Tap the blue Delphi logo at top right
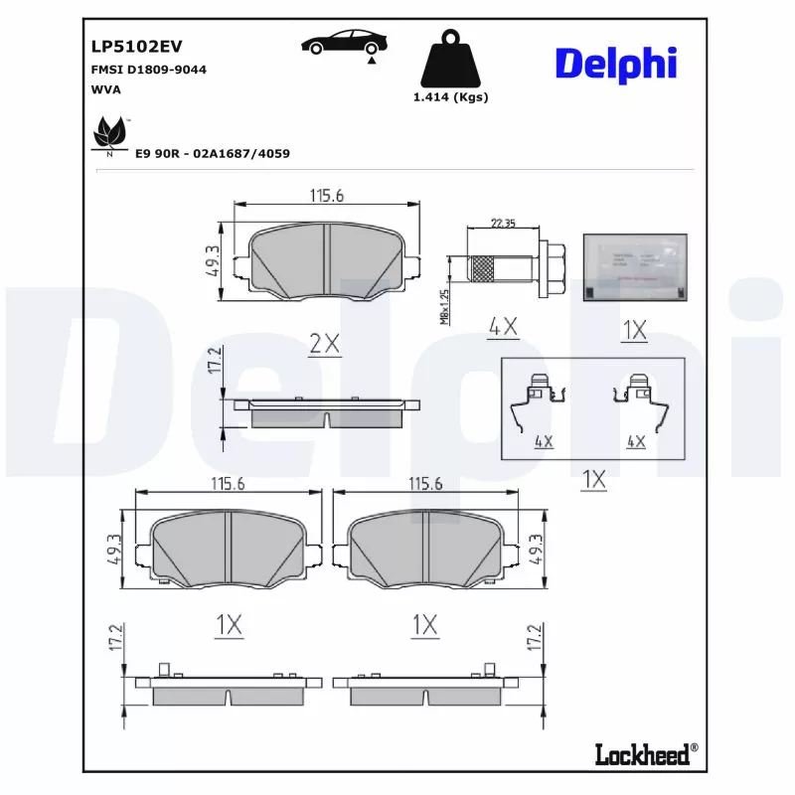[x=615, y=64]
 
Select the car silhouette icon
[x=345, y=43]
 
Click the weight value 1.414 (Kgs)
[x=450, y=97]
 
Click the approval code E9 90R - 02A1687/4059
[x=212, y=154]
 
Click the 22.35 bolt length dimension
[x=504, y=224]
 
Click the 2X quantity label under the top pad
[x=324, y=344]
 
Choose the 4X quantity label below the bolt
[x=504, y=325]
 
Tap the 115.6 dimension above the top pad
[x=325, y=196]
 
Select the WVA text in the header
[x=104, y=89]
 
